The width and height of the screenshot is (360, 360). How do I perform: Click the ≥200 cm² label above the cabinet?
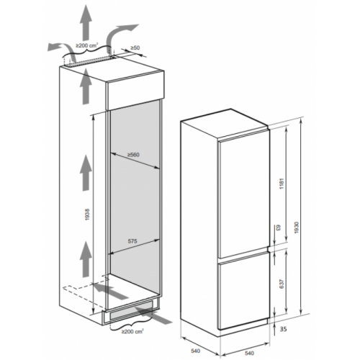(86, 45)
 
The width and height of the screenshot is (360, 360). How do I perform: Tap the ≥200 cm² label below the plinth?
(132, 331)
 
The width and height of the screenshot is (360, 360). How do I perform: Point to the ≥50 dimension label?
(135, 48)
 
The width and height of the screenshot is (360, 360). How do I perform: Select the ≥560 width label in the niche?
(133, 155)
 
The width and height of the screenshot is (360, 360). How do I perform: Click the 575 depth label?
(132, 241)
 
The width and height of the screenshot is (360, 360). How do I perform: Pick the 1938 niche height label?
(87, 215)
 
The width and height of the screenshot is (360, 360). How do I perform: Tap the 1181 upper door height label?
(282, 184)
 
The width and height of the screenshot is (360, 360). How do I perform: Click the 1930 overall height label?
(297, 228)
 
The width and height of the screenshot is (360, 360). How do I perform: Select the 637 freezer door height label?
(282, 284)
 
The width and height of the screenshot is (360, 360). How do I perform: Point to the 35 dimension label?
(284, 329)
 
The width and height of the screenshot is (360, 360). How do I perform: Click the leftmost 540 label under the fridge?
(196, 351)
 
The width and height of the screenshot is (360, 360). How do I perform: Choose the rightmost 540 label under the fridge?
(250, 353)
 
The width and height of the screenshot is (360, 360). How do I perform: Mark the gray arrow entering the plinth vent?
(153, 315)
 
